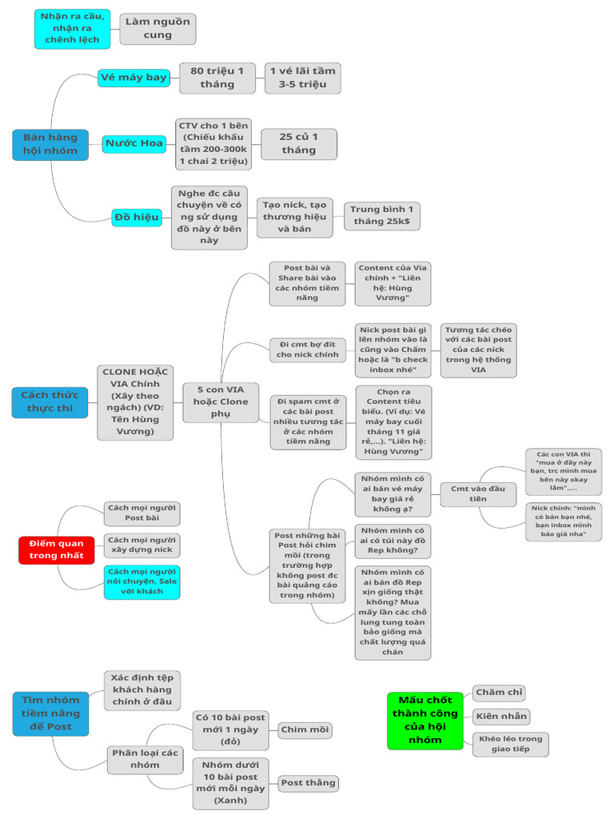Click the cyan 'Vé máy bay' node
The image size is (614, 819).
click(134, 78)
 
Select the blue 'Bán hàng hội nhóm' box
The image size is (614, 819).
click(50, 144)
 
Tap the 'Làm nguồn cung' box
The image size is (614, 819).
click(157, 29)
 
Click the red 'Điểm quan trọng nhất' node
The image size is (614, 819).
click(57, 549)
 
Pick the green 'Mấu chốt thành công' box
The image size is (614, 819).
click(425, 721)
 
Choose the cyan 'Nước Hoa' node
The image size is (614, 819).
click(134, 144)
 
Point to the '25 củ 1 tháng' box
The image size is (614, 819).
click(299, 144)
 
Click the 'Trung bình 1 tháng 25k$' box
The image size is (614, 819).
click(381, 216)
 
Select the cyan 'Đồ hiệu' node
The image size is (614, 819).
click(137, 218)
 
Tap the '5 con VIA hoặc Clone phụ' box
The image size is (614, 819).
click(221, 402)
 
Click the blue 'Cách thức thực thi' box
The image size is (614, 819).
click(50, 402)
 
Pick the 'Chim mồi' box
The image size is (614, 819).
click(305, 729)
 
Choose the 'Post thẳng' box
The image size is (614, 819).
click(308, 783)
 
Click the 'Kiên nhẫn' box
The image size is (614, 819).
click(501, 716)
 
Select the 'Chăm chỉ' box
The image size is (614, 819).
click(499, 693)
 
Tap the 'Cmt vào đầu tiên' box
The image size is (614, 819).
click(478, 493)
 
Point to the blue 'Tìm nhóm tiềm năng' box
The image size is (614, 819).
click(50, 713)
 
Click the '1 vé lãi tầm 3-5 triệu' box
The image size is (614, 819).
click(303, 78)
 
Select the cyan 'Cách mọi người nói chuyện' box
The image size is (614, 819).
click(142, 582)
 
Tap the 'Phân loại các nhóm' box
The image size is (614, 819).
click(146, 759)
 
